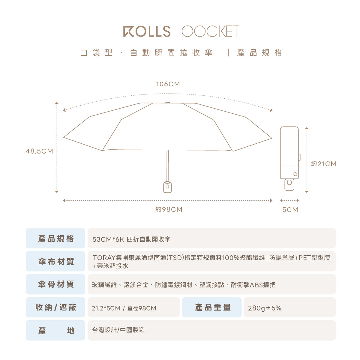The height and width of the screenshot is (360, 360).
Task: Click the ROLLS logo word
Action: pyautogui.click(x=147, y=31)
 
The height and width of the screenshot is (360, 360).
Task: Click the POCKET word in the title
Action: pyautogui.click(x=210, y=32)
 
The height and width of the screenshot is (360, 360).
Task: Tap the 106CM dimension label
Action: pyautogui.click(x=168, y=84)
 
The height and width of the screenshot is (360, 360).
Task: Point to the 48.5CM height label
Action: pyautogui.click(x=39, y=151)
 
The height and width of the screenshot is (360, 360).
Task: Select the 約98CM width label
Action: pyautogui.click(x=169, y=209)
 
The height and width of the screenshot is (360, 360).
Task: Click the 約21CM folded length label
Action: pyautogui.click(x=324, y=164)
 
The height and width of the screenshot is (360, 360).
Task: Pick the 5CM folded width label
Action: pyautogui.click(x=290, y=210)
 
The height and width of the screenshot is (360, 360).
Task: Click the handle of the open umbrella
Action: pyautogui.click(x=167, y=187)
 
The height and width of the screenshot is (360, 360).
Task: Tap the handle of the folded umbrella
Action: pyautogui.click(x=289, y=184)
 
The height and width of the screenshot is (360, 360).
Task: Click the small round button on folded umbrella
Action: pyautogui.click(x=295, y=174)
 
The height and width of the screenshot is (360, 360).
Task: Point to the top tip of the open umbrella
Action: pyautogui.click(x=168, y=103)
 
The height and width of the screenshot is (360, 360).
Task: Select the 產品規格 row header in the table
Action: pyautogui.click(x=56, y=239)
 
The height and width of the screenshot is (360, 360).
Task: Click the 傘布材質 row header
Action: pyautogui.click(x=56, y=262)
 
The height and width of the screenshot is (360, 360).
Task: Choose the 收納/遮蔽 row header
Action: pyautogui.click(x=56, y=307)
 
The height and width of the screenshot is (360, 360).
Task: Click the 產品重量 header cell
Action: pyautogui.click(x=213, y=307)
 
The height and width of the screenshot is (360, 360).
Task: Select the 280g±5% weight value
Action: pyautogui.click(x=265, y=308)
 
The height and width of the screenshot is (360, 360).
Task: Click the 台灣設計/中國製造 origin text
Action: pyautogui.click(x=118, y=330)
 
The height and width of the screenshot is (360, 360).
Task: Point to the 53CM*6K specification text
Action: pyautogui.click(x=108, y=239)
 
